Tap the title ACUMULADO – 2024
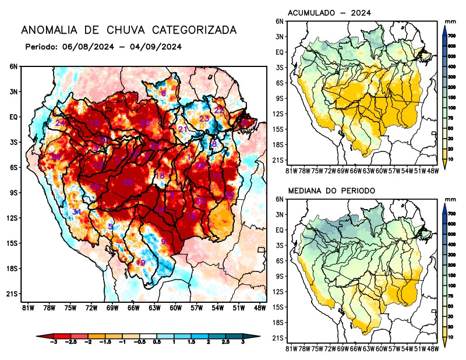click(x=330, y=12)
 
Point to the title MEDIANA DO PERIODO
click(x=331, y=190)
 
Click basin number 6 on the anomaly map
click(x=163, y=93)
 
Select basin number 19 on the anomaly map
click(x=140, y=263)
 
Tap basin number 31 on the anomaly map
click(x=76, y=212)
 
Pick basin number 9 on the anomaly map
click(x=164, y=242)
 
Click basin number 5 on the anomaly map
click(x=111, y=227)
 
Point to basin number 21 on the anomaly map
click(x=182, y=129)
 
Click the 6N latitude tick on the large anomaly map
click(x=13, y=66)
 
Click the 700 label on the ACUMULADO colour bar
click(x=451, y=36)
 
